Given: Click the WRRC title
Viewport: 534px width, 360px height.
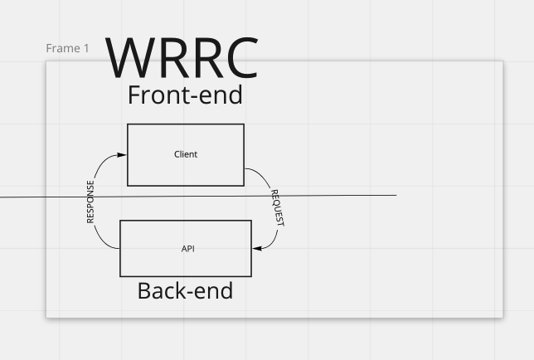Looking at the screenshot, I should pos(182,57).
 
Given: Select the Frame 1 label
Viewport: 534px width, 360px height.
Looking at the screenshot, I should pos(67,48).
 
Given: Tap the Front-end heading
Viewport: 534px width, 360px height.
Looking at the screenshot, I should pos(185,95).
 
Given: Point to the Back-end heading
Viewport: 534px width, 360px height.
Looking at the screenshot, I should pos(185,290).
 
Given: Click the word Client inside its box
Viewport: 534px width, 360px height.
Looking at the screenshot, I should pos(186,154).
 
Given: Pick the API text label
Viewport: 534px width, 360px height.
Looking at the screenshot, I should pos(187,248).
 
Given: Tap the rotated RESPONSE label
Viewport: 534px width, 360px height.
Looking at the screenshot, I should pos(91,202).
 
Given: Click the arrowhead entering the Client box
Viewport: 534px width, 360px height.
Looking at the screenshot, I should pos(122,154).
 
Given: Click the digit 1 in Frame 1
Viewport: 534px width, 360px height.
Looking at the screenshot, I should pos(85,48).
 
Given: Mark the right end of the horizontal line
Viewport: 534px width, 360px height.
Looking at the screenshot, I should pos(396,196).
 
